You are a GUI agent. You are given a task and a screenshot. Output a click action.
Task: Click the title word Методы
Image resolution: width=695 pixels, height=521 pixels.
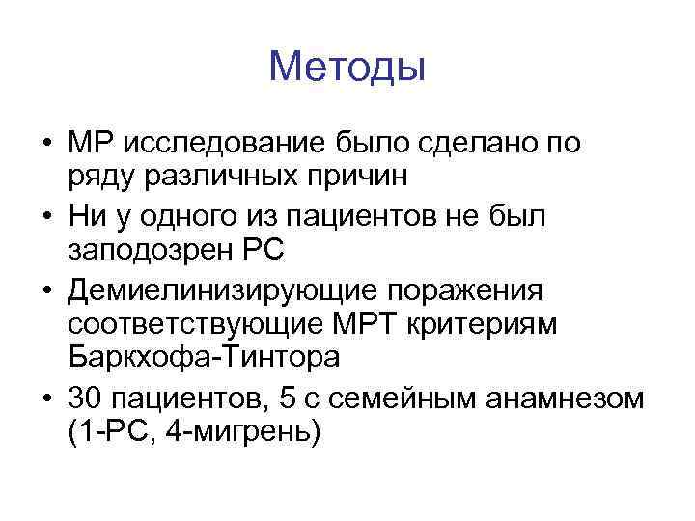[347, 67]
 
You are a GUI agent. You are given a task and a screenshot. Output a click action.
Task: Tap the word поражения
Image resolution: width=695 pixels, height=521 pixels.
[471, 289]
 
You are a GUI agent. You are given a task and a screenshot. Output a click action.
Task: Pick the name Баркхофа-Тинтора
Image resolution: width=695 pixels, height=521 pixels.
[205, 359]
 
